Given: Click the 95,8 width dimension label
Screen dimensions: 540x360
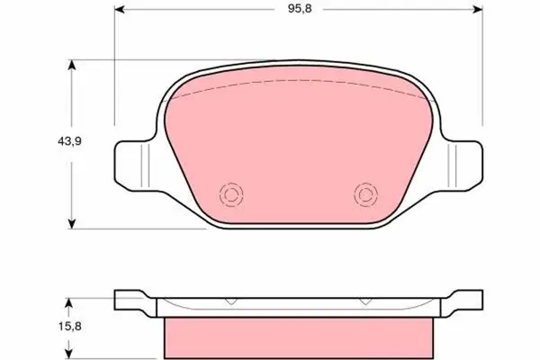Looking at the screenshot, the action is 300,9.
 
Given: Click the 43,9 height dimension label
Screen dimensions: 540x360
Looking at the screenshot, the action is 69,141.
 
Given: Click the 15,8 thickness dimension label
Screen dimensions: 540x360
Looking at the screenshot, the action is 69,326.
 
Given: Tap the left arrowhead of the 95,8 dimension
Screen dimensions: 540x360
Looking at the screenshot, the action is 119,9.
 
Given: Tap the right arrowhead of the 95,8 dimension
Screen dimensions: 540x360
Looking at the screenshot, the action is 478,9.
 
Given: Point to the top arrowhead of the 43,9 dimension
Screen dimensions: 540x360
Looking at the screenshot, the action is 71,65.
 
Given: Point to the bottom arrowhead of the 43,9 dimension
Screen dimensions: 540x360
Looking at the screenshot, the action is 71,223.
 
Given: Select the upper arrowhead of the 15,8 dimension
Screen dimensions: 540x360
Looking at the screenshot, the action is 69,303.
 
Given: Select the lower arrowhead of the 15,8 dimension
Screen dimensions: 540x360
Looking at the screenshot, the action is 69,354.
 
